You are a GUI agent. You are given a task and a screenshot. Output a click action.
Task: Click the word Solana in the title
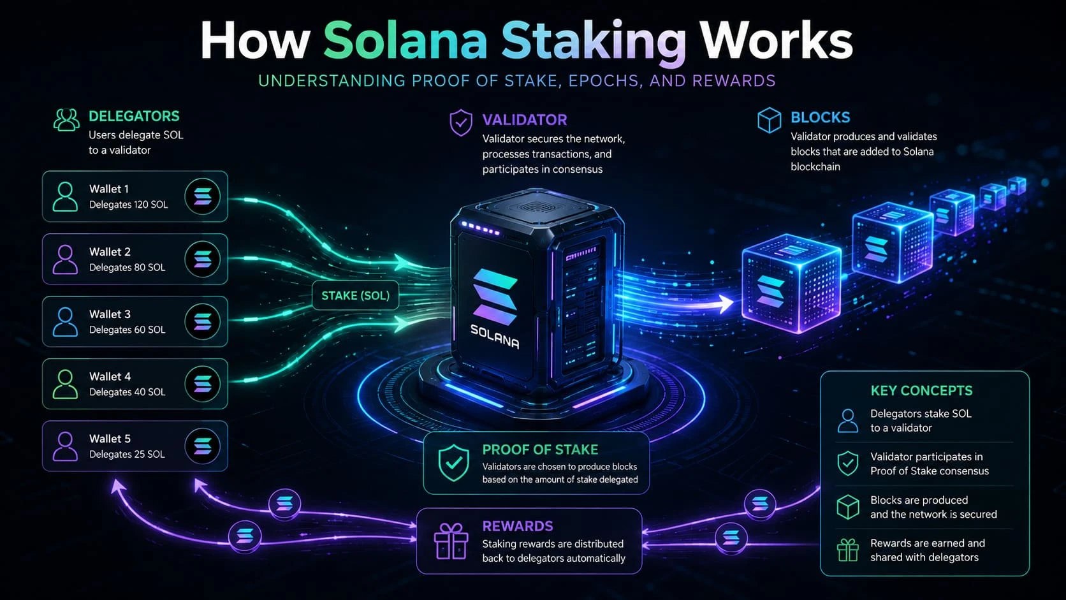405,41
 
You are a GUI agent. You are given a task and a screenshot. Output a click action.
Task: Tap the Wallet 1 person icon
65,196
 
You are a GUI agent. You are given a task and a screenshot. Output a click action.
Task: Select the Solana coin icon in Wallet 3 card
202,321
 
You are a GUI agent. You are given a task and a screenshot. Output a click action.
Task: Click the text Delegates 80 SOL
127,267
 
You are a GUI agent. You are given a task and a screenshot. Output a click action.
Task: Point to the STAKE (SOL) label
356,295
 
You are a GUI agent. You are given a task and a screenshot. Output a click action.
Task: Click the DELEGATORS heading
134,116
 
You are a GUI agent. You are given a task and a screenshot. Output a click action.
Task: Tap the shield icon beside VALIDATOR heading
461,123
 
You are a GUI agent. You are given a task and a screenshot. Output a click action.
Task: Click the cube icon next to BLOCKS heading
769,120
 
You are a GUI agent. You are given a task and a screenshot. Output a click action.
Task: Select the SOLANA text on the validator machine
495,337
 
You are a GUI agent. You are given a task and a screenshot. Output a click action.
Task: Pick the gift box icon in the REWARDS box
451,541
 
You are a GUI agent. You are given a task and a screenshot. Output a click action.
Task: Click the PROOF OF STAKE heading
540,450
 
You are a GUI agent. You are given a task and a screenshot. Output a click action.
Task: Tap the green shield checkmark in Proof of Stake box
453,464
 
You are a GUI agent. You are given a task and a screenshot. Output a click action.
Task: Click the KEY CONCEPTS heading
922,391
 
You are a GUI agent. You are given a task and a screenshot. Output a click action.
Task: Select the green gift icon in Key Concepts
847,550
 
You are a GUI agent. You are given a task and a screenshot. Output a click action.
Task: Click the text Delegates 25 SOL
127,455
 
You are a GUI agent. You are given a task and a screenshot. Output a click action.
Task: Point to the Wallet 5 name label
110,439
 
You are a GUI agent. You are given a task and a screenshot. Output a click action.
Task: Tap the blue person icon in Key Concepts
847,421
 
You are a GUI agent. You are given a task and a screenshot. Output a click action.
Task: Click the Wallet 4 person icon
65,384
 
